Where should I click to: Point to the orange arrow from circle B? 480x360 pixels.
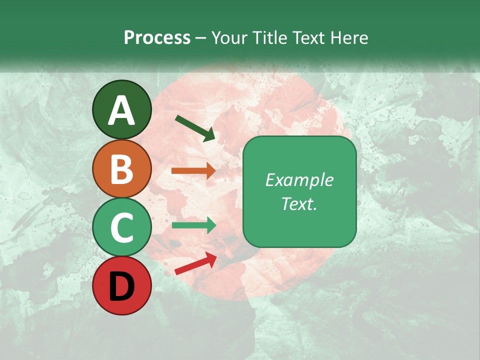[193, 171]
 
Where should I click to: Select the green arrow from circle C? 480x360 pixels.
[193, 225]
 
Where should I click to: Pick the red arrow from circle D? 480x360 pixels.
[195, 263]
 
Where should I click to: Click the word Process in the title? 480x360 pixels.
[157, 37]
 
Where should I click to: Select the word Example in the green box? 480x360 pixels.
[299, 180]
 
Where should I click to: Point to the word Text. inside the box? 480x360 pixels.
[299, 203]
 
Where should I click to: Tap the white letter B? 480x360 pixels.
[121, 169]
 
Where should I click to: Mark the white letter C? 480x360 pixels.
[121, 227]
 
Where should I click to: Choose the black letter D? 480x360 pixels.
[121, 286]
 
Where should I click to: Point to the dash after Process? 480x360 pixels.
[201, 38]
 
